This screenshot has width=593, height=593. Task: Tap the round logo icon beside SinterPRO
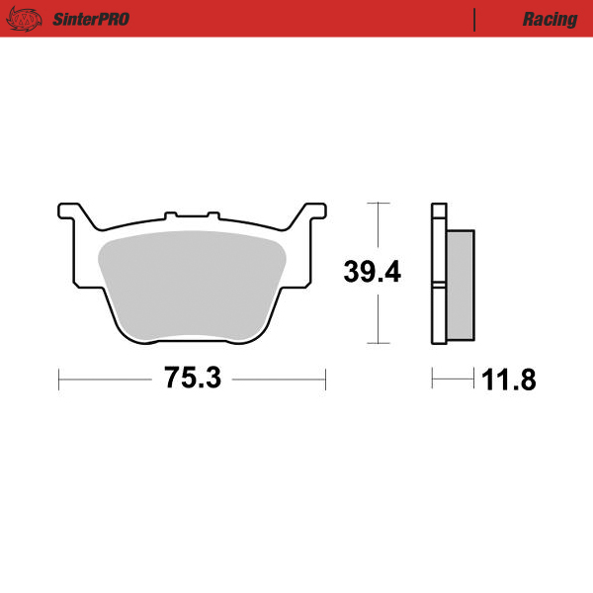(x=30, y=19)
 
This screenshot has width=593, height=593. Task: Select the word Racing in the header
(x=551, y=19)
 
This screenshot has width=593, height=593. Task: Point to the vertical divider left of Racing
(x=475, y=19)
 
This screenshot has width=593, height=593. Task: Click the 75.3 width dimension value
(x=193, y=378)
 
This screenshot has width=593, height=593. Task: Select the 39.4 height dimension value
(x=372, y=272)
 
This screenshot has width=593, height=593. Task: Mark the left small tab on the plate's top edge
(x=170, y=212)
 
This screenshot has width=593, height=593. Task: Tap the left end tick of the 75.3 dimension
(x=59, y=378)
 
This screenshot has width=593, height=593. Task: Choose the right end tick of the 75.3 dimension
(x=325, y=378)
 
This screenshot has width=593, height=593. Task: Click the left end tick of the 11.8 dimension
(x=433, y=378)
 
